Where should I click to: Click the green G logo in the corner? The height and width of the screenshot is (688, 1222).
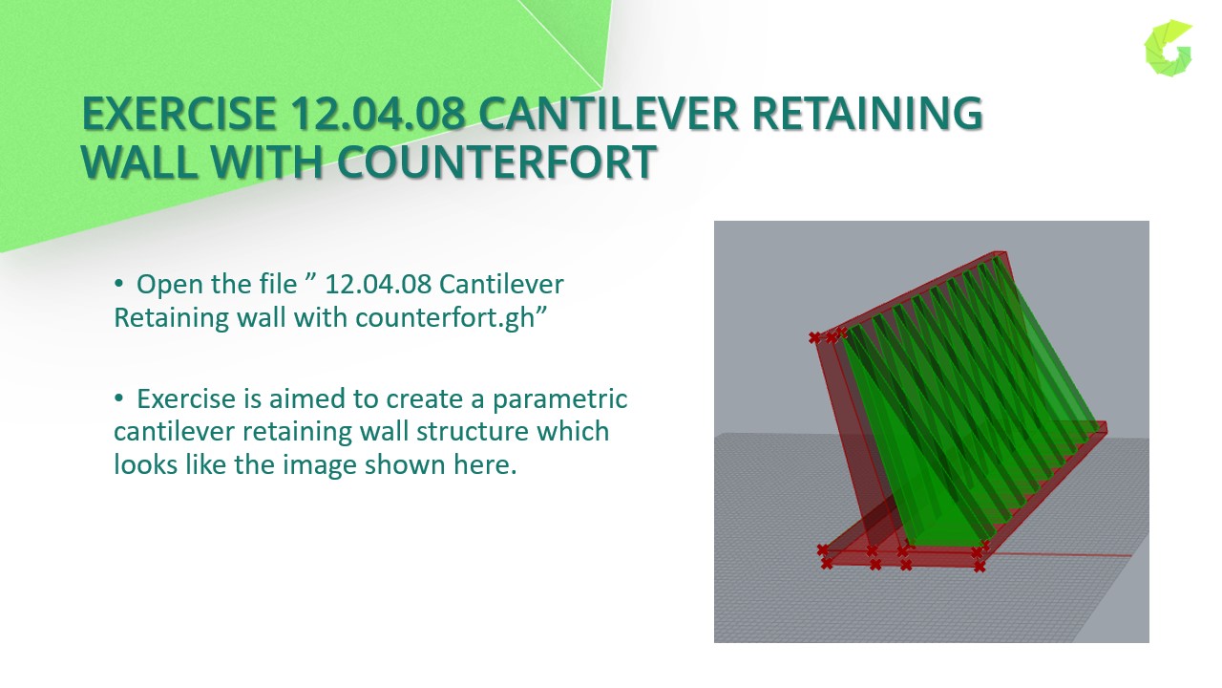point(1169,47)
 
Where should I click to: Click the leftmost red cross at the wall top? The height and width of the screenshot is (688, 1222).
point(814,337)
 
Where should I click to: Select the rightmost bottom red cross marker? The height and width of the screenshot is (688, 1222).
point(980,567)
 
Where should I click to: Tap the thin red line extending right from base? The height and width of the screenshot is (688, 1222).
point(1069,555)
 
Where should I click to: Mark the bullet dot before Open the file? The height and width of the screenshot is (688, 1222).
point(119,285)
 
